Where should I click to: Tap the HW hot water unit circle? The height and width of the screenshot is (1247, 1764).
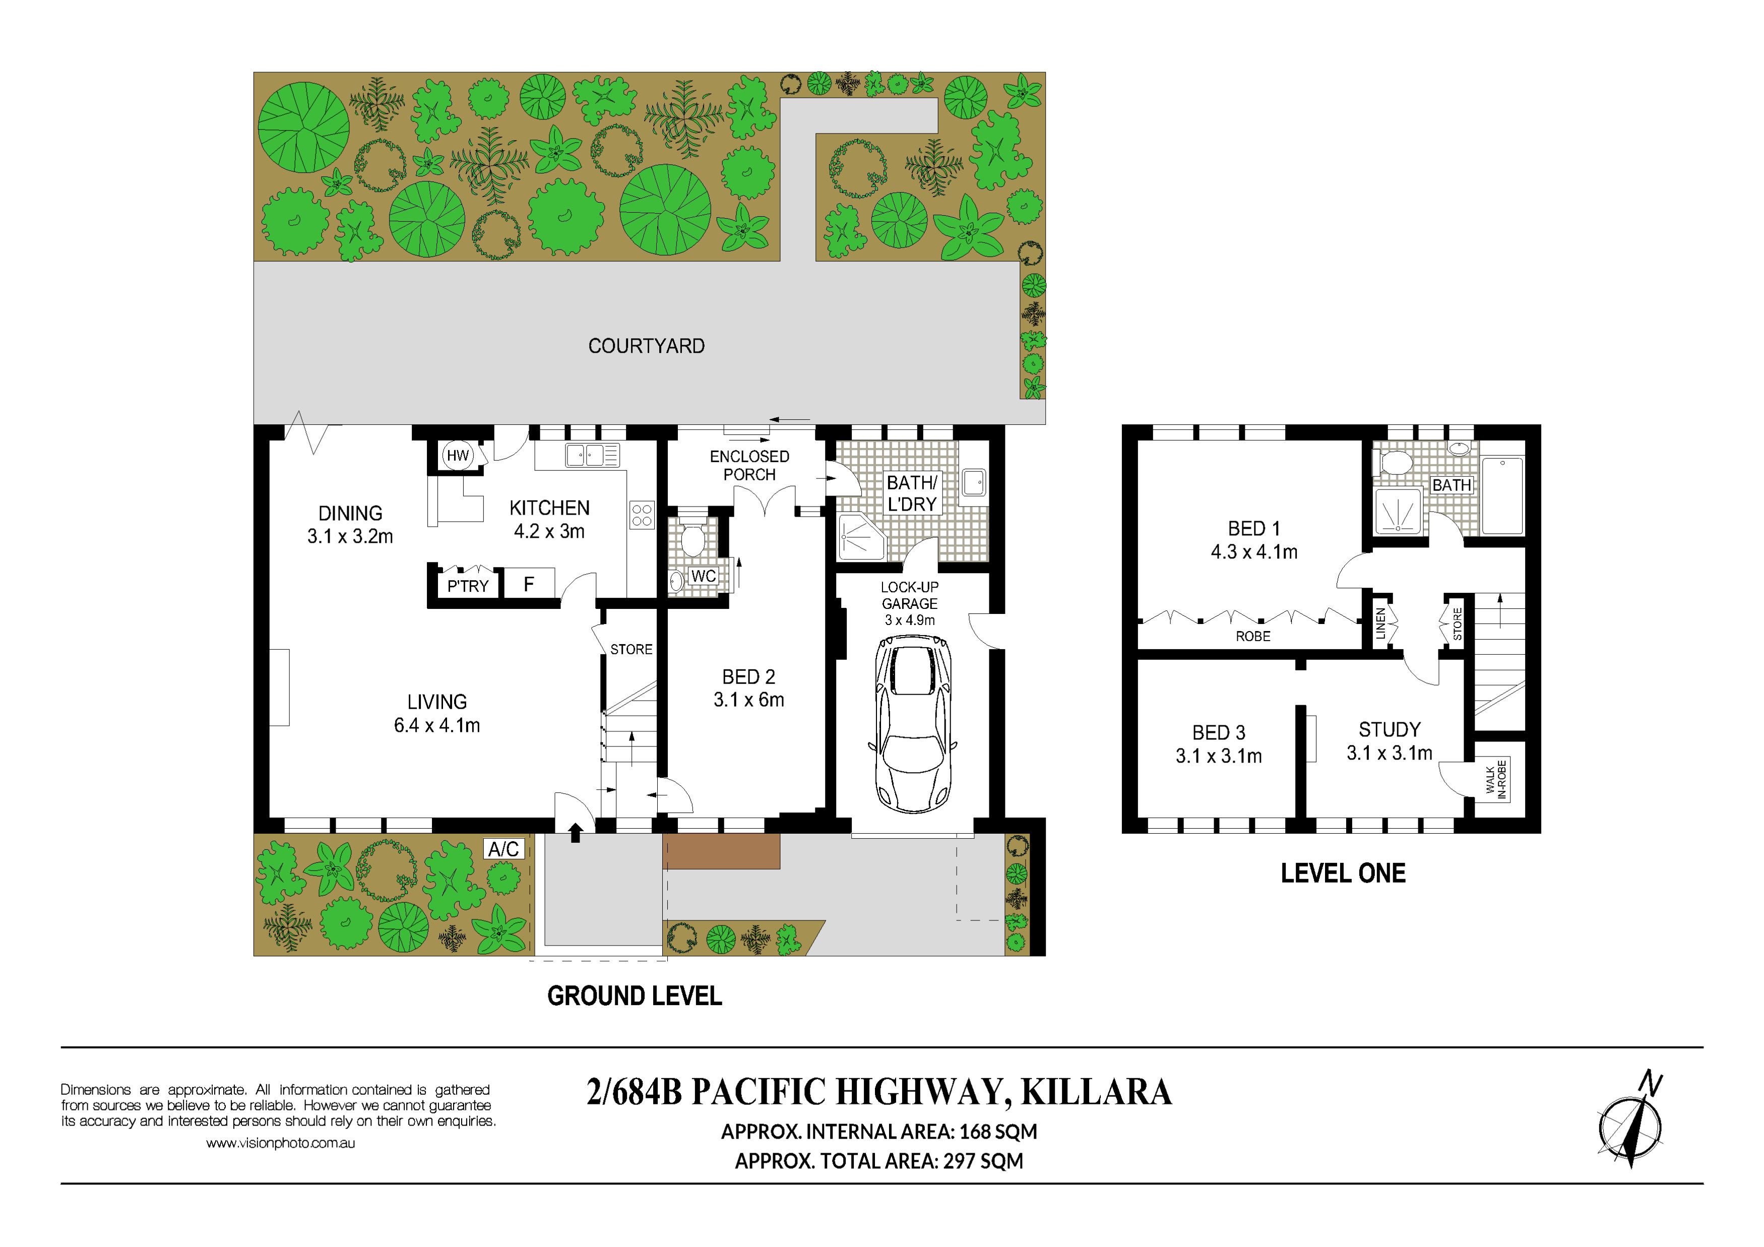click(x=457, y=456)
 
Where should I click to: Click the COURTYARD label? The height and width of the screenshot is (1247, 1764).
click(x=646, y=346)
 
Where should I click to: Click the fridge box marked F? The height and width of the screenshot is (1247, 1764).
click(x=529, y=584)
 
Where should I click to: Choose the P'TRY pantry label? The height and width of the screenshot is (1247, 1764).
click(x=468, y=586)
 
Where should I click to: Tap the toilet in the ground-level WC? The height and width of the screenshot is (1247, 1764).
click(x=693, y=536)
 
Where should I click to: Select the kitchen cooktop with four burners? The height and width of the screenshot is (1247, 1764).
click(x=642, y=515)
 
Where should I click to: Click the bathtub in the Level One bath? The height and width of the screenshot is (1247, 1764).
click(x=1502, y=495)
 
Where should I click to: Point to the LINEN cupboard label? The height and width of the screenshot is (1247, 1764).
click(x=1380, y=623)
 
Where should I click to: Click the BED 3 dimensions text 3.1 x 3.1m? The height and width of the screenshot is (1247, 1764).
click(x=1219, y=756)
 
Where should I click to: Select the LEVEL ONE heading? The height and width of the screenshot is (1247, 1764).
click(x=1343, y=873)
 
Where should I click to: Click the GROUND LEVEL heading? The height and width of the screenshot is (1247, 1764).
click(x=635, y=996)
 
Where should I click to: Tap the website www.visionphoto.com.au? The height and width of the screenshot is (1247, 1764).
click(x=280, y=1143)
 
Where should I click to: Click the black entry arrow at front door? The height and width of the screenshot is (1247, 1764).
click(x=576, y=833)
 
